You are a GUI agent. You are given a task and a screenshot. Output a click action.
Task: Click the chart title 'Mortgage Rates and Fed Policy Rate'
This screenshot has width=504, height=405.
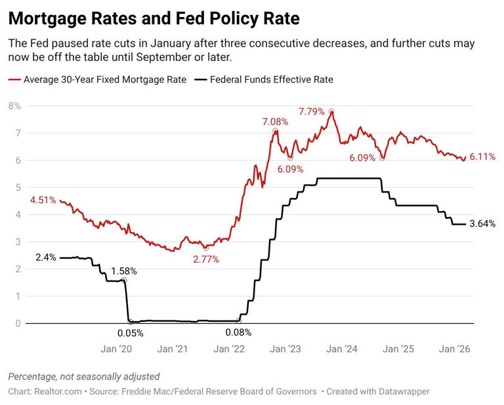tap(154, 18)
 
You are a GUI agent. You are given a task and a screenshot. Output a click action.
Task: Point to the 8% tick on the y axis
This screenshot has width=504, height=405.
tap(14, 106)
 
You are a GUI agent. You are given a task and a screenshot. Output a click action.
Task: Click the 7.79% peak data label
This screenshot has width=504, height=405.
tap(312, 111)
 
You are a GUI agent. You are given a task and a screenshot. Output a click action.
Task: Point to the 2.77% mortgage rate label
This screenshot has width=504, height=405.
tap(205, 260)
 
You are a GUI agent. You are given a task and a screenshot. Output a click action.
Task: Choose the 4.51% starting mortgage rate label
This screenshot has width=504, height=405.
tap(43, 201)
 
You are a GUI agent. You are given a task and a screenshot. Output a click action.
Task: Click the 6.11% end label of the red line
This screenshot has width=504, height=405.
tap(482, 157)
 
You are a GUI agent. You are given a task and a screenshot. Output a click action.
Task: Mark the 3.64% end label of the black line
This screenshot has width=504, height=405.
tap(482, 223)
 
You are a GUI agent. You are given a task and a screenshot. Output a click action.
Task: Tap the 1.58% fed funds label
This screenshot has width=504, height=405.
tap(124, 271)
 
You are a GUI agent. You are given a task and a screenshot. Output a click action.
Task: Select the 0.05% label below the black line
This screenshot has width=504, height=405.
tap(130, 333)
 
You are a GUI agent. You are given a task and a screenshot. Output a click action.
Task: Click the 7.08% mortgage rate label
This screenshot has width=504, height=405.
tap(275, 121)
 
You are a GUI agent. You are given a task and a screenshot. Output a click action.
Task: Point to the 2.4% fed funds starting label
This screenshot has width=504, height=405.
tap(45, 258)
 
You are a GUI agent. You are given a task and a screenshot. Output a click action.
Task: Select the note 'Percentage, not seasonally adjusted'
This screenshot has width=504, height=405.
tap(83, 376)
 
